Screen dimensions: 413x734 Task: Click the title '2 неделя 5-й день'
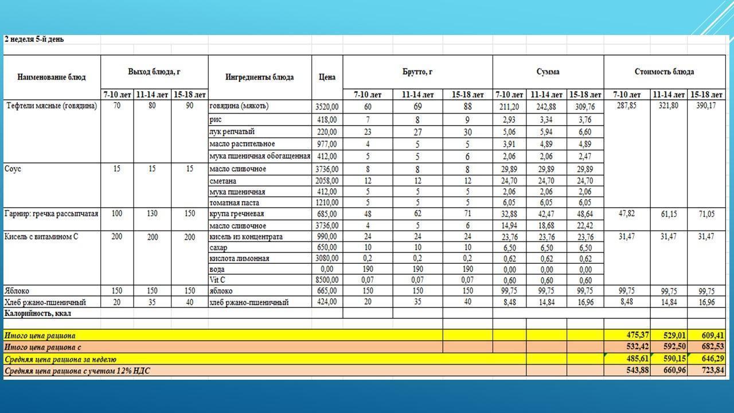click(x=34, y=40)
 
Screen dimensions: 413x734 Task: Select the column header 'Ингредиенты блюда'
click(x=259, y=77)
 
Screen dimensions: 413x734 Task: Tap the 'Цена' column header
click(x=327, y=77)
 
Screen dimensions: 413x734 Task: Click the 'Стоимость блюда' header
click(x=664, y=72)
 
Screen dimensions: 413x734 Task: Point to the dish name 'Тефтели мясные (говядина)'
click(x=52, y=106)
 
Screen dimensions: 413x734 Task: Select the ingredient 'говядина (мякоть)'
click(x=239, y=106)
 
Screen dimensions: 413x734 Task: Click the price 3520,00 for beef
click(x=327, y=107)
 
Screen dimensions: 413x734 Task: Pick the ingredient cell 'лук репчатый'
click(x=232, y=132)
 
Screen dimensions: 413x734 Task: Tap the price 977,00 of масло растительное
click(x=327, y=144)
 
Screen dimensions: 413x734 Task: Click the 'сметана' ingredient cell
click(x=224, y=181)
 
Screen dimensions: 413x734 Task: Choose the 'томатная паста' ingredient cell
click(x=234, y=202)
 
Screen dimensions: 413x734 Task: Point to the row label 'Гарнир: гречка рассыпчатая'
click(x=51, y=214)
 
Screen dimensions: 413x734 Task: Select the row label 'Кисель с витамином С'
click(x=41, y=236)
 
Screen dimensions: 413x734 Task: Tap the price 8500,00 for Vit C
click(x=327, y=280)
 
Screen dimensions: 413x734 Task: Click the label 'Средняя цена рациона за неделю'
click(x=60, y=360)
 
